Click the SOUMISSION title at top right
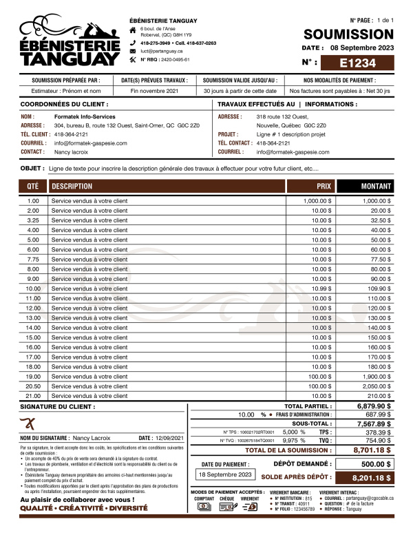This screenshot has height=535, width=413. (348, 34)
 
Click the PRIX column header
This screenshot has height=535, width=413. (324, 187)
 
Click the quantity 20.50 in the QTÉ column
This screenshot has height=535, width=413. (33, 386)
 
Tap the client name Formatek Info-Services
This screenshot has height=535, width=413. (85, 117)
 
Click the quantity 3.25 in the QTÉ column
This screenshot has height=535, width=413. (33, 220)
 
